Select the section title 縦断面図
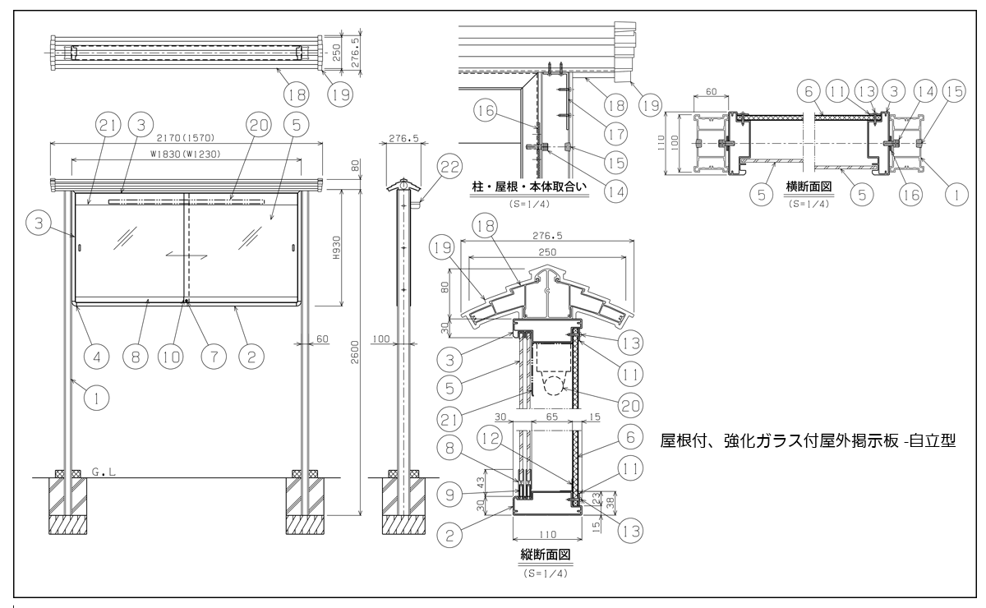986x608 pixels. click(x=546, y=555)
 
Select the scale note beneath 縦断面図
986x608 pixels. click(x=546, y=571)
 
